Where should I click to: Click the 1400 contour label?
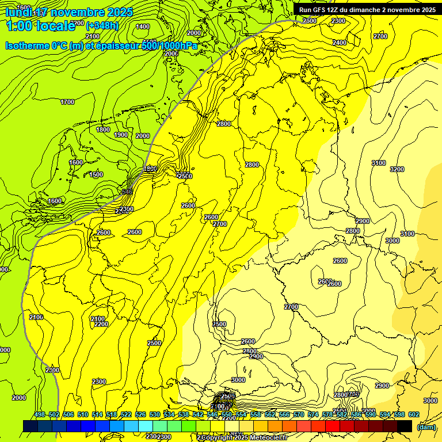[143, 26]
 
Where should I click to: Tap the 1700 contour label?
[67, 102]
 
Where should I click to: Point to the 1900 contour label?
[121, 135]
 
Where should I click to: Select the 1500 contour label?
[96, 174]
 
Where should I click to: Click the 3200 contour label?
[397, 169]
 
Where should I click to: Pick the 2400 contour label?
[340, 43]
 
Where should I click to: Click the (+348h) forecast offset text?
[102, 25]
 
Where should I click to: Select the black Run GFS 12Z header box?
[367, 9]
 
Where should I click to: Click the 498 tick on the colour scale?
[40, 414]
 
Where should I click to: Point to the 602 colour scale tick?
[414, 414]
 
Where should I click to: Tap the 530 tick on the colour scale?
[155, 414]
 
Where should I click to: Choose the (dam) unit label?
[426, 426]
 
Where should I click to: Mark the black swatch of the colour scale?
[405, 426]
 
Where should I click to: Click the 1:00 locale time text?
[41, 25]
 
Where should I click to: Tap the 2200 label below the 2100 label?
[101, 324]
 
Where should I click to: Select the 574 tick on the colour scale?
[313, 414]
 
